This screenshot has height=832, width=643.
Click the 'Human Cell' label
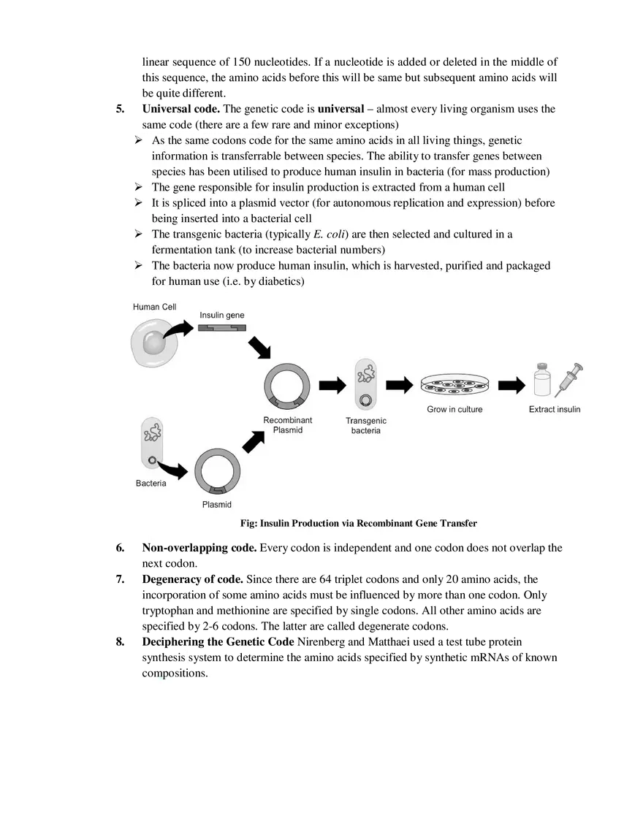[x=154, y=308]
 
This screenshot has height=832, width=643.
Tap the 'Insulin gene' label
[x=222, y=316]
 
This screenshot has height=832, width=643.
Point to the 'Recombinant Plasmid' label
[x=288, y=425]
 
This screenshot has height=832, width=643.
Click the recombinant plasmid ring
[x=287, y=387]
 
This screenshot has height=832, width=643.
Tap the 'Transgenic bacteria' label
[x=366, y=426]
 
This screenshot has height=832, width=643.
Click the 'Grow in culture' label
[x=454, y=410]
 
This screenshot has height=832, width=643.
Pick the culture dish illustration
[x=455, y=385]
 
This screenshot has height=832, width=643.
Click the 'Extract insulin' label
[x=555, y=410]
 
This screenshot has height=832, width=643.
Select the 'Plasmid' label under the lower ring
[x=217, y=505]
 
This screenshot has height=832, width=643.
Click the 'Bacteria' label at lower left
[x=151, y=484]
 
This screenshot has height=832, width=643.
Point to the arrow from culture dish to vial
[x=511, y=385]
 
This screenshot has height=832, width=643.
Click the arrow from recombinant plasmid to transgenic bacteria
[x=332, y=386]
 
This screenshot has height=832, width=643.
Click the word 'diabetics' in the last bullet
[x=278, y=281]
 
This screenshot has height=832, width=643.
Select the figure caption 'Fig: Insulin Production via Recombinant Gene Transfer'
[x=358, y=523]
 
